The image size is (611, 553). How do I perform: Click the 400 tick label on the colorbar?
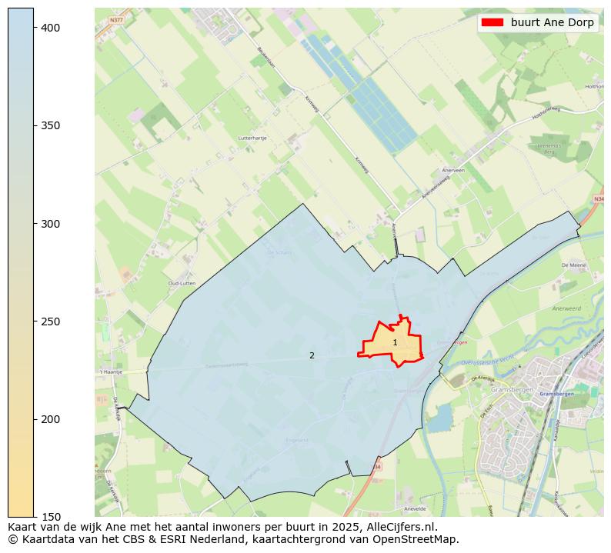point(51,28)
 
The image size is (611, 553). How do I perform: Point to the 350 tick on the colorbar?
point(51,125)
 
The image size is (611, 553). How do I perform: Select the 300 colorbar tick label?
point(51,224)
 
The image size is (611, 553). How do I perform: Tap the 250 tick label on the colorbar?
point(51,321)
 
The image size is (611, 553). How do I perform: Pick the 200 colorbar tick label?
point(51,419)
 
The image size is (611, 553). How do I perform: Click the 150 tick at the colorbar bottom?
point(51,517)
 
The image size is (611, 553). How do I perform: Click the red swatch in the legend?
point(492,22)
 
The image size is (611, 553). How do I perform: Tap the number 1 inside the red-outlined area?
point(395,343)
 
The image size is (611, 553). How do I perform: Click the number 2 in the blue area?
point(312,355)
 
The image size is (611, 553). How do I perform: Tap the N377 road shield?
point(115,20)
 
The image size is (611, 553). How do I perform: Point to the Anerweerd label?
point(566,309)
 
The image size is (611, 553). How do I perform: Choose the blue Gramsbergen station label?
point(556,394)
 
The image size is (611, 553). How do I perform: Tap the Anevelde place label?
point(414,508)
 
